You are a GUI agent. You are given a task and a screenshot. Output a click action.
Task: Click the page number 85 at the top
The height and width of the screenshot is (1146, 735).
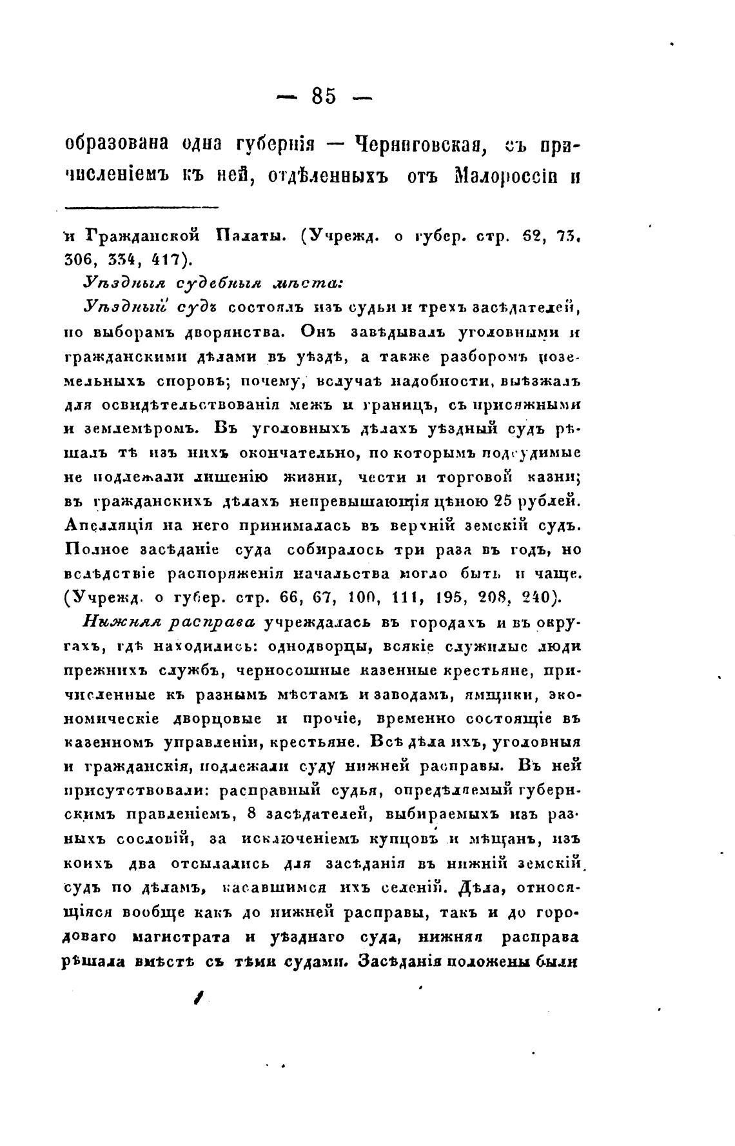click(x=324, y=97)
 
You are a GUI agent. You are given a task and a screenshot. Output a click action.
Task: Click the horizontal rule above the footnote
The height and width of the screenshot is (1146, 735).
click(x=142, y=207)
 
